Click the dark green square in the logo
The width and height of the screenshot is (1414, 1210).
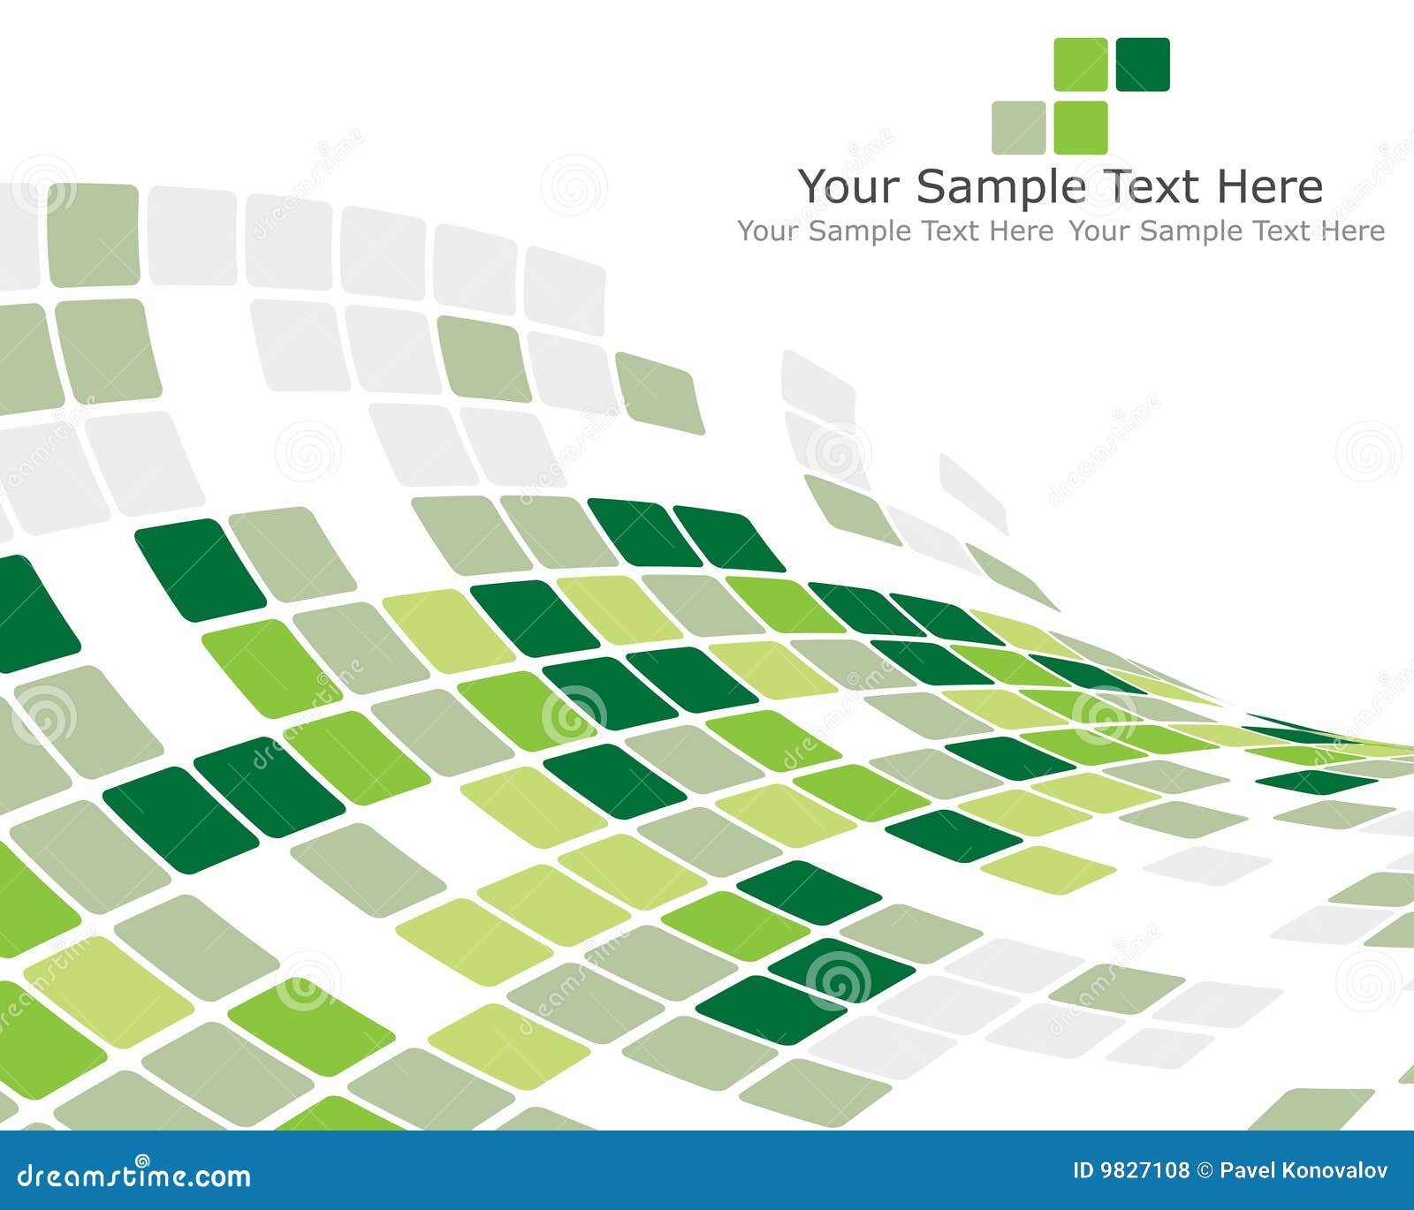[1143, 64]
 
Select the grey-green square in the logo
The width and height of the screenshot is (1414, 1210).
[1018, 127]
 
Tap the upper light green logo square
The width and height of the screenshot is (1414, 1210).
[1080, 64]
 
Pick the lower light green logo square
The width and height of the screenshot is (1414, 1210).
[1080, 127]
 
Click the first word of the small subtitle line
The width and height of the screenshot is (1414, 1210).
[769, 231]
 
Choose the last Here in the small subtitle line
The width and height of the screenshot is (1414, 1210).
[1353, 231]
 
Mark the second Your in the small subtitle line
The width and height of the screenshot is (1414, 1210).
[1099, 231]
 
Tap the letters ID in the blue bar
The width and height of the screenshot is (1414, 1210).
[1083, 1171]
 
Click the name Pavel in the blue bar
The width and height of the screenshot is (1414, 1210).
[1245, 1171]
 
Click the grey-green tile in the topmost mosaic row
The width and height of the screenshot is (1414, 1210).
[93, 235]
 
